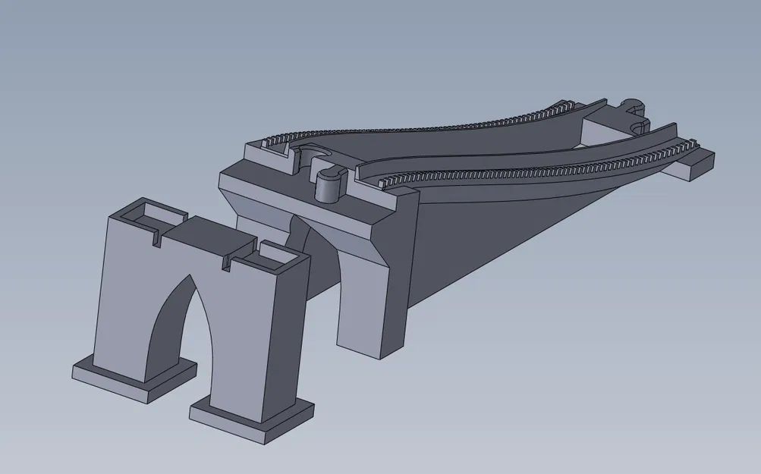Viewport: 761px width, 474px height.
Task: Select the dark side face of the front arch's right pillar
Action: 296,334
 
